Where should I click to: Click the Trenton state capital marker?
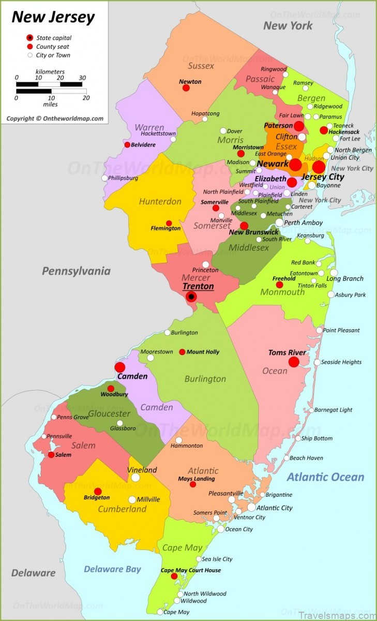191,297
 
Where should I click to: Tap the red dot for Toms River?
294,362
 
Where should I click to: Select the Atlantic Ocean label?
325,477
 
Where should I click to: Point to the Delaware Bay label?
112,569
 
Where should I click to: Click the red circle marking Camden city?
120,367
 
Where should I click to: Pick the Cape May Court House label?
190,570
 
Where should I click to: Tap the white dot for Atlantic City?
251,508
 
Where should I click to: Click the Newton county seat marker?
186,88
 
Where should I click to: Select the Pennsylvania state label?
76,271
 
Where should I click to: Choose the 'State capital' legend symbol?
29,38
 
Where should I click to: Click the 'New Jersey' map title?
53,17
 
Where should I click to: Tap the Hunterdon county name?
160,201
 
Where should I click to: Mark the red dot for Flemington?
169,223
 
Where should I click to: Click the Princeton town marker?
205,264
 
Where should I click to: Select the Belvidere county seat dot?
127,145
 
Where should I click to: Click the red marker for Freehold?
279,285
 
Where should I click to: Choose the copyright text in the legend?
55,119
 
